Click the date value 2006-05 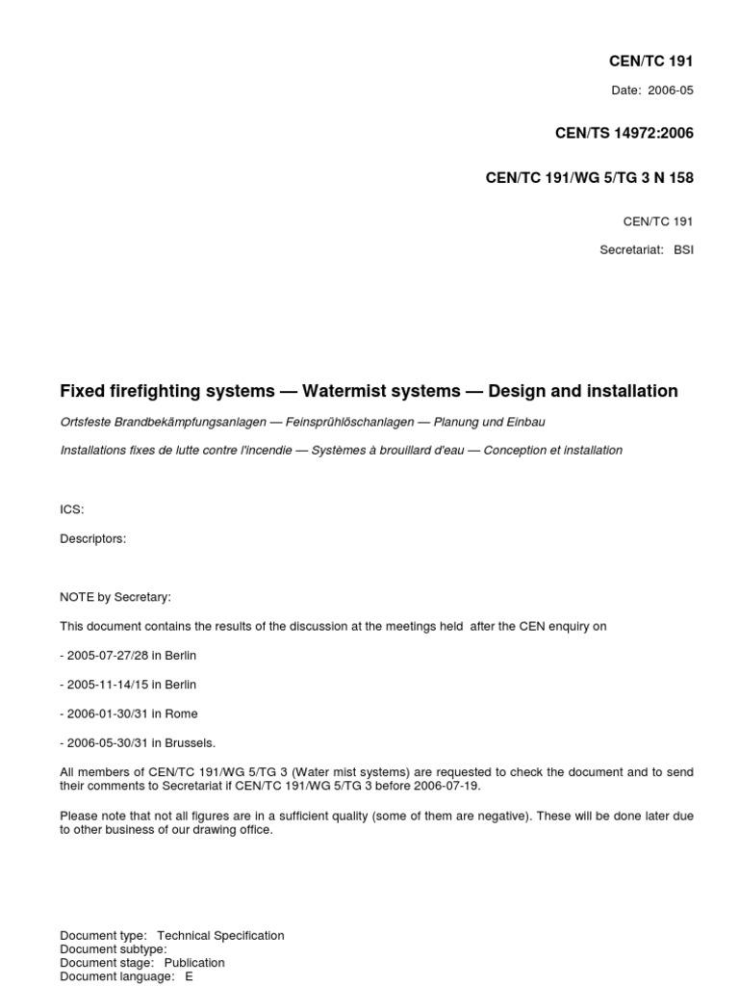[x=672, y=91]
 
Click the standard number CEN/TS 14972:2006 [x=624, y=134]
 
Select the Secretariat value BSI [x=683, y=249]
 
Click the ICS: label [x=72, y=509]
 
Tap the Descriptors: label [x=92, y=538]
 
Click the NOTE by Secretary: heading [x=115, y=597]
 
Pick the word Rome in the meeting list [x=182, y=714]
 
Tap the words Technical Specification [x=220, y=935]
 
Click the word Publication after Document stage [x=194, y=962]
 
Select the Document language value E [x=190, y=975]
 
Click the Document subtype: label [x=113, y=948]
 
